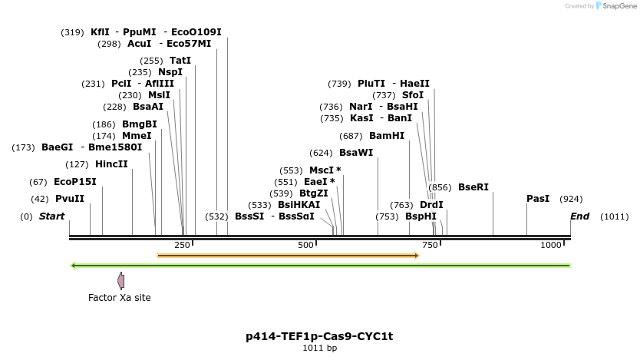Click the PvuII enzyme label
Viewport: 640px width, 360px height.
[x=69, y=199]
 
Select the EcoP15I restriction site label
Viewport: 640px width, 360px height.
[x=74, y=182]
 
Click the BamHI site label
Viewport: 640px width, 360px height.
[x=386, y=136]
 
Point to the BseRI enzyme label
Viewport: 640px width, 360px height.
[x=473, y=187]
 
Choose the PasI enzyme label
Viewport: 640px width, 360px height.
[x=538, y=199]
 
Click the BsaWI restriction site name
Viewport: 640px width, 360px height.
[x=355, y=153]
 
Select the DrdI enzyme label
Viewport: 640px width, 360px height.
[x=431, y=205]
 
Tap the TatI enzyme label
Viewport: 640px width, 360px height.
[x=180, y=61]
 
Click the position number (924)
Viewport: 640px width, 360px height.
[x=571, y=199]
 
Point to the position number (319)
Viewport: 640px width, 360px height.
[x=72, y=32]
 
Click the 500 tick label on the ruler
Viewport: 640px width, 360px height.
[x=306, y=245]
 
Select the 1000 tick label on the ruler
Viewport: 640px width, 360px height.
[x=551, y=245]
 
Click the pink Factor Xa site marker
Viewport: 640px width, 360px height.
[x=120, y=281]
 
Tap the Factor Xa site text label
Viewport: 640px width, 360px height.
[x=120, y=298]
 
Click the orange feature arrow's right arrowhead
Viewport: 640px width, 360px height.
[x=416, y=255]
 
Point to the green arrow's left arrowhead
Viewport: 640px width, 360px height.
[x=73, y=266]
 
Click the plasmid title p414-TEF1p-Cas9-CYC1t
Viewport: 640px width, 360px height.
[x=319, y=336]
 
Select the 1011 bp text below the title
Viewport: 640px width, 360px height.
[x=319, y=348]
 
